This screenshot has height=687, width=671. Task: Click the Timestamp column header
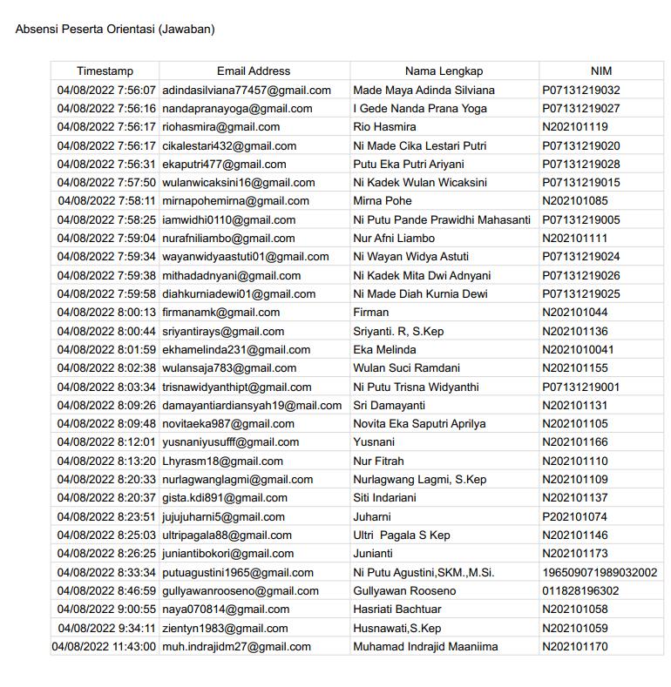[x=105, y=71]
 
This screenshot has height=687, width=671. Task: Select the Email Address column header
[x=254, y=71]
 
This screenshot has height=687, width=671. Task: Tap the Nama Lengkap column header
[x=444, y=71]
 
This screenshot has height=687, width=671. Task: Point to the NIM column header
[x=601, y=71]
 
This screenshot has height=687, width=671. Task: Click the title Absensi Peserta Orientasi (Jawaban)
[x=115, y=30]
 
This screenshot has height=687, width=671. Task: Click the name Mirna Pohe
[x=383, y=201]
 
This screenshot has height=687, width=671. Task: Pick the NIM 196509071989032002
[x=600, y=572]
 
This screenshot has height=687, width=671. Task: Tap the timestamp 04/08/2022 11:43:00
[x=104, y=647]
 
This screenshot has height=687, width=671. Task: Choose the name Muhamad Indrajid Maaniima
[x=425, y=647]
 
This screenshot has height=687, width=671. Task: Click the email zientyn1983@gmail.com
[x=225, y=628]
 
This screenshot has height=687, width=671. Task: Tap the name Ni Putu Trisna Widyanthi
[x=419, y=387]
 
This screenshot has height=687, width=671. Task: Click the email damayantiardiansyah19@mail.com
[x=252, y=405]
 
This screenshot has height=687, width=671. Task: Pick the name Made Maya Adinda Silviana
[x=424, y=91]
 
